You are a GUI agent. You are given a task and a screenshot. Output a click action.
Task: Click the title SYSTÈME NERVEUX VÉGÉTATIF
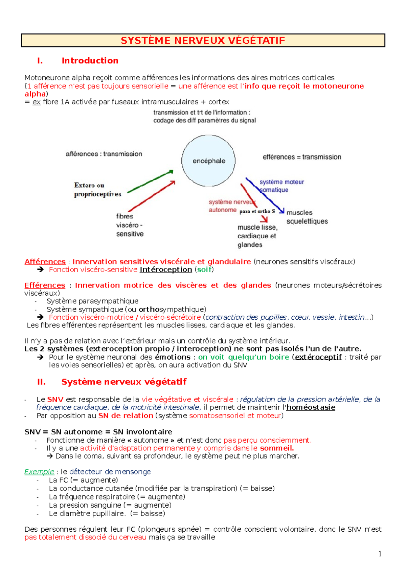[x=203, y=40]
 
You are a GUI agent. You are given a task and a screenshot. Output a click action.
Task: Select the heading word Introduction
[x=90, y=61]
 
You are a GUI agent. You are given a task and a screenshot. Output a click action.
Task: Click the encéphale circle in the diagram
[x=208, y=161]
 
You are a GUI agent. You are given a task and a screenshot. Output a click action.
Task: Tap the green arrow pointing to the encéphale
[x=151, y=182]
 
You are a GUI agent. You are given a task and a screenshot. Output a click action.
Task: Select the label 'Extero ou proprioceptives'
[x=97, y=190]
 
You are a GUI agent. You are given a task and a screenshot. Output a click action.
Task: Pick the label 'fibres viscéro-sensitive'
[x=130, y=225]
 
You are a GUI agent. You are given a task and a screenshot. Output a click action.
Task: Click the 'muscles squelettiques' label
[x=307, y=217]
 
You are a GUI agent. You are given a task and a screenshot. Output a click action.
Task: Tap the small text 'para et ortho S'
[x=257, y=211]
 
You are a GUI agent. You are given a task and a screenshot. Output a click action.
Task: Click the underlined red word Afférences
[x=45, y=261]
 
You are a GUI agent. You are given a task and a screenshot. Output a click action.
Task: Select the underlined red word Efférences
[x=45, y=285]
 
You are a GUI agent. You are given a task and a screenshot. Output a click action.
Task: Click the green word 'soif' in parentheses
[x=204, y=270]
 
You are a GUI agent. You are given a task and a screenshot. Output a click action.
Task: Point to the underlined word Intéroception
[x=166, y=270]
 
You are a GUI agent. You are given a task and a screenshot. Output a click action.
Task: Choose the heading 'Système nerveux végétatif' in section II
[x=124, y=382]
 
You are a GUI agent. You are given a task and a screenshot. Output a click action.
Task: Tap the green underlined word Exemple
[x=39, y=472]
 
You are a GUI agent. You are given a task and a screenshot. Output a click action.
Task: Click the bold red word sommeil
[x=276, y=448]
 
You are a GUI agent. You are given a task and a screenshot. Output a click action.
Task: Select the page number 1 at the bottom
[x=380, y=554]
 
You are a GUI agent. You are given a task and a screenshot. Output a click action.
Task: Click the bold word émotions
[x=173, y=357]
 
